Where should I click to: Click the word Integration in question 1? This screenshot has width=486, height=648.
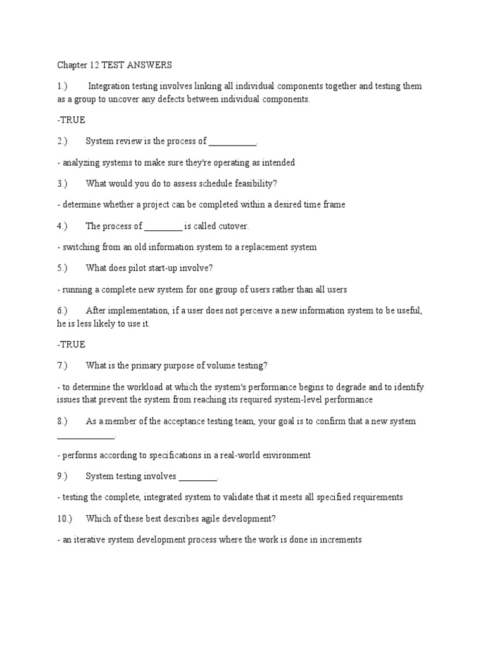tap(111, 86)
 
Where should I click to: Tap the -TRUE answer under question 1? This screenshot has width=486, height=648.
tap(71, 120)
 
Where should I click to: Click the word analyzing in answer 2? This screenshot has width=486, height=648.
tap(82, 163)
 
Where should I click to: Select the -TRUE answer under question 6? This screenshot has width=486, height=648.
tap(71, 344)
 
